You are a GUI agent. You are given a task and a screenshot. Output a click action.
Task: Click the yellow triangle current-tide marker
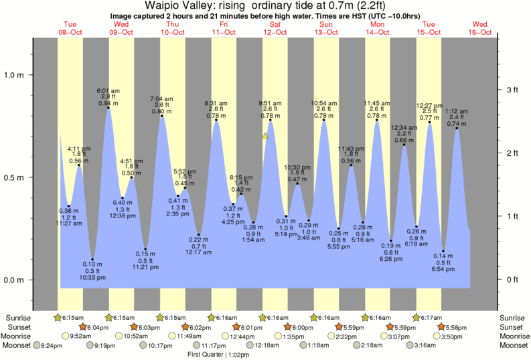click(x=265, y=136)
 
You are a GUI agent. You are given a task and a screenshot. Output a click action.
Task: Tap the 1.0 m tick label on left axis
click(x=15, y=75)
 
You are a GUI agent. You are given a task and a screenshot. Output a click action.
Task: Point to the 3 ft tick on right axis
click(x=512, y=90)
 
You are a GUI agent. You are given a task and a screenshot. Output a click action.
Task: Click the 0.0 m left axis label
click(x=15, y=280)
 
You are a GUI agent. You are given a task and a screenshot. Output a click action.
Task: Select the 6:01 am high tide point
click(x=108, y=108)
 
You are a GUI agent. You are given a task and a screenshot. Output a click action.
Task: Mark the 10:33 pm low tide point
click(x=92, y=260)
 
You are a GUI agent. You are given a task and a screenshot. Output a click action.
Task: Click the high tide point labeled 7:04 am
click(x=161, y=116)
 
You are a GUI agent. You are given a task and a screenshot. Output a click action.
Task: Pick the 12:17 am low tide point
click(x=199, y=235)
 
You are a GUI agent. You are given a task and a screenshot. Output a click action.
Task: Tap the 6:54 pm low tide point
click(x=443, y=252)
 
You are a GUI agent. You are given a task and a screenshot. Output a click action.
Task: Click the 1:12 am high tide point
click(x=457, y=128)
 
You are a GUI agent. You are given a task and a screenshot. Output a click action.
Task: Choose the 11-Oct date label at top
click(x=224, y=32)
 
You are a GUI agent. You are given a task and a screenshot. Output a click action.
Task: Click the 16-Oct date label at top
click(x=480, y=32)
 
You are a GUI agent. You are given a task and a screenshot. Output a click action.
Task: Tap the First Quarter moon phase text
click(x=208, y=355)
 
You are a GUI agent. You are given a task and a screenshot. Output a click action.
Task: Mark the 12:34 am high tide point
click(x=404, y=145)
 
